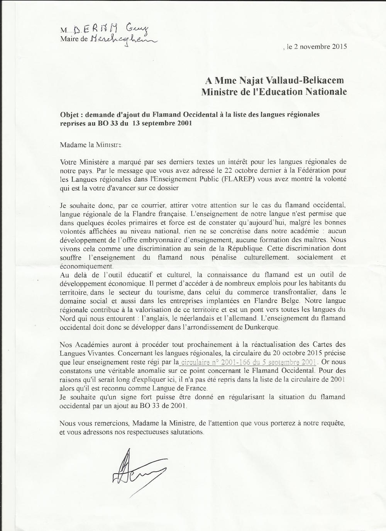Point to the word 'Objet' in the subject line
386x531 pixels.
70,115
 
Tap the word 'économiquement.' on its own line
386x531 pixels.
86,266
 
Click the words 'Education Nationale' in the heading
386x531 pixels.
301,92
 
